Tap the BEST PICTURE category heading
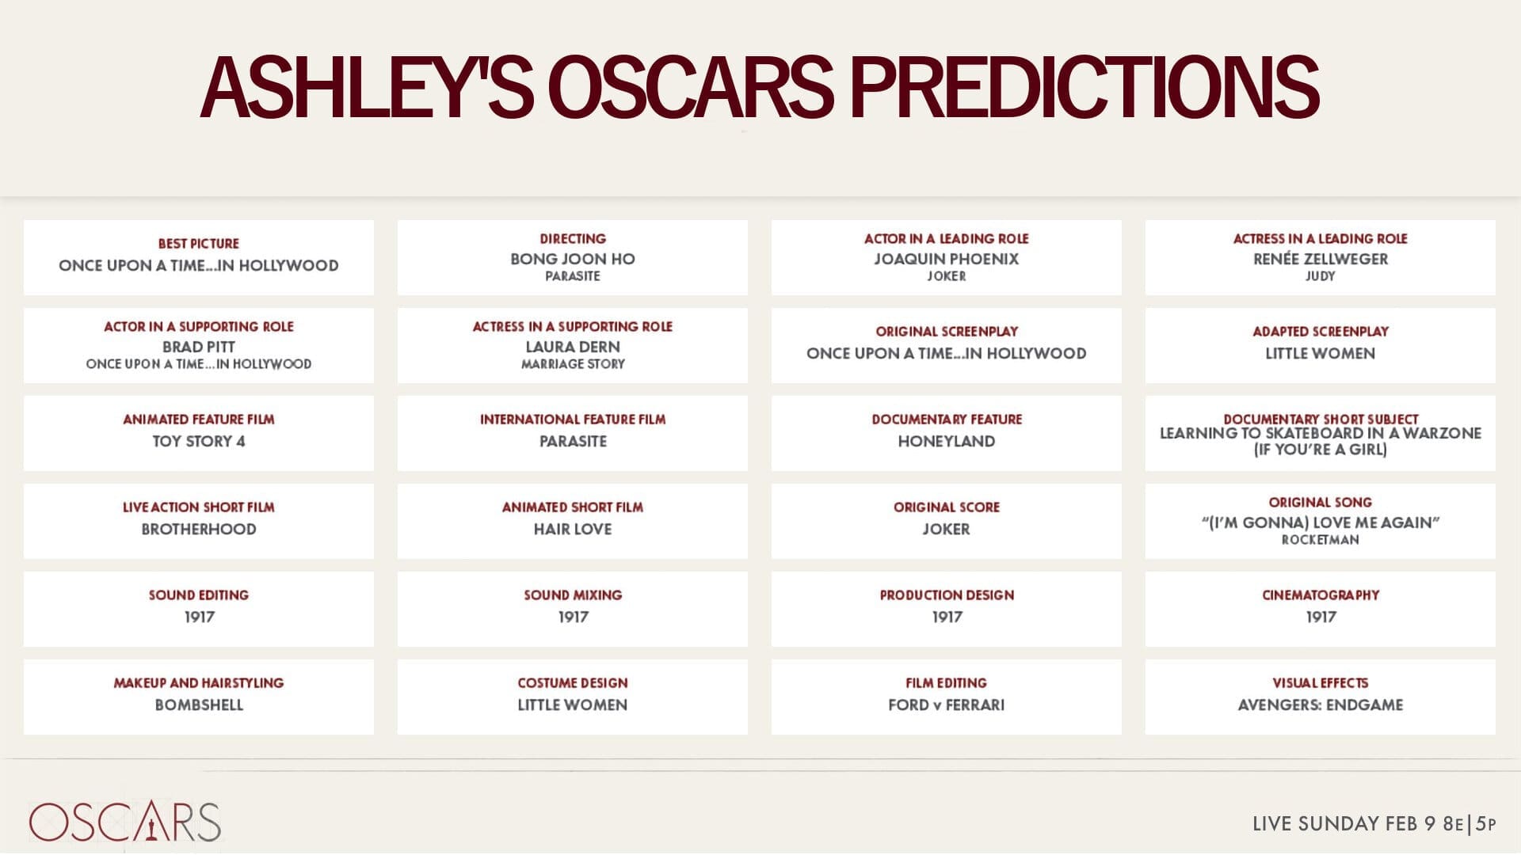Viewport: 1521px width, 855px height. tap(198, 244)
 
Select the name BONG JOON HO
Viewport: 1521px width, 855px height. tap(572, 259)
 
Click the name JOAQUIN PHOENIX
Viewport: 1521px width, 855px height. tap(946, 259)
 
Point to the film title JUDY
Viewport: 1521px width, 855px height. tap(1320, 276)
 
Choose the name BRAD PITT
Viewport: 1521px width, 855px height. tap(198, 347)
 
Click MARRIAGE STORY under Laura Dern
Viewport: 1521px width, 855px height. tap(572, 364)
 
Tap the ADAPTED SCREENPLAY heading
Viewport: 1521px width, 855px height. tap(1320, 332)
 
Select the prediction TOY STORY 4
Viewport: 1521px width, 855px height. tap(198, 441)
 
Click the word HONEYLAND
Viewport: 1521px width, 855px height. tap(946, 441)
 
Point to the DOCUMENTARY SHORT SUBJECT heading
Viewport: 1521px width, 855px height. tap(1320, 419)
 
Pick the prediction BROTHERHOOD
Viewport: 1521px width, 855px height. tap(198, 529)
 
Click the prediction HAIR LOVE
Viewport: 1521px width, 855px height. tap(572, 529)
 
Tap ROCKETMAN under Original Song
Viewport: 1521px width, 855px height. tap(1320, 540)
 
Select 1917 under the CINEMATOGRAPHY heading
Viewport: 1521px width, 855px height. tap(1320, 617)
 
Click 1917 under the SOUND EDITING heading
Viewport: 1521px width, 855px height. tap(198, 617)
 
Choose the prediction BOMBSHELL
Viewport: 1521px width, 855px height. tap(198, 705)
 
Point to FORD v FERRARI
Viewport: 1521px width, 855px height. tap(946, 705)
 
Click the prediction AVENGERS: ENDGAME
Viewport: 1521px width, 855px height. tap(1320, 705)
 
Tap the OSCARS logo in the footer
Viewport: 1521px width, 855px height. tap(125, 822)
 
